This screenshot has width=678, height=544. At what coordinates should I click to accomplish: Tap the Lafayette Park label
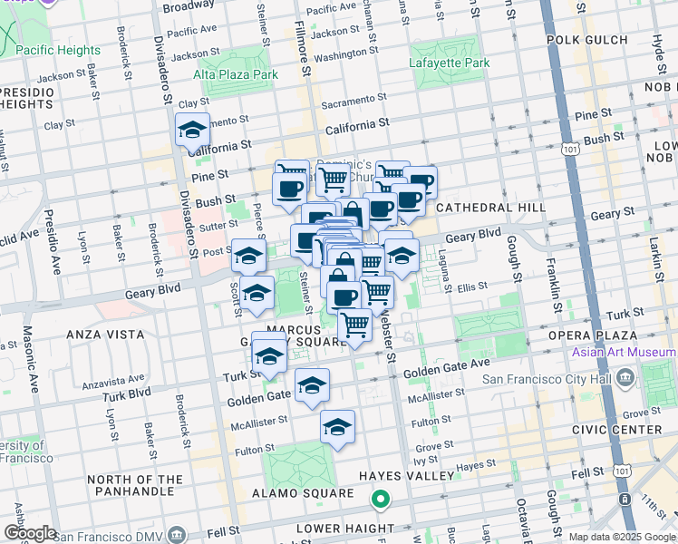click(x=450, y=63)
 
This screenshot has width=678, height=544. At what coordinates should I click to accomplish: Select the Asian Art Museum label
click(x=623, y=352)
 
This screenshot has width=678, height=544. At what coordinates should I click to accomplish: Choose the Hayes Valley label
click(x=405, y=475)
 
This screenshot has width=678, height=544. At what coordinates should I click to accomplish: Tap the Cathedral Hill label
click(x=489, y=208)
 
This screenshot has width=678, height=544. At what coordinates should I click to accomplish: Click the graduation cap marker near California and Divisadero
click(x=192, y=131)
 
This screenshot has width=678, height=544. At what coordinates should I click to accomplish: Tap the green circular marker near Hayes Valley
click(x=382, y=499)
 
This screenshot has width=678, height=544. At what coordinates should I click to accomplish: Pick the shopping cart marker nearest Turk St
click(x=354, y=324)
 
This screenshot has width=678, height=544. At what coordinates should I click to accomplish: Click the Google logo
click(x=30, y=533)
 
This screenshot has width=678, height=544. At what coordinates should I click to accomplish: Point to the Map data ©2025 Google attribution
click(x=621, y=536)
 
